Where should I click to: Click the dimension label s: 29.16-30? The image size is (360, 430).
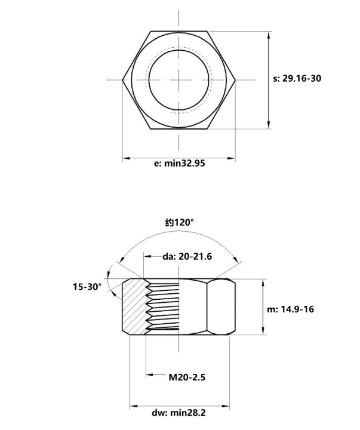(x=297, y=78)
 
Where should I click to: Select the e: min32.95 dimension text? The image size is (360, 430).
(x=179, y=163)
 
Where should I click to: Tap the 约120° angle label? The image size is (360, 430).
(x=180, y=222)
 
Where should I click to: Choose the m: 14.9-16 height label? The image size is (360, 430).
(x=297, y=309)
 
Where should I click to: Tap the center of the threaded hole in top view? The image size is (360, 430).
(x=179, y=79)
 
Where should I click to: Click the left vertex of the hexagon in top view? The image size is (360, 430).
(x=122, y=79)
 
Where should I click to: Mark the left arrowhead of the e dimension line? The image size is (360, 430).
(x=125, y=158)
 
